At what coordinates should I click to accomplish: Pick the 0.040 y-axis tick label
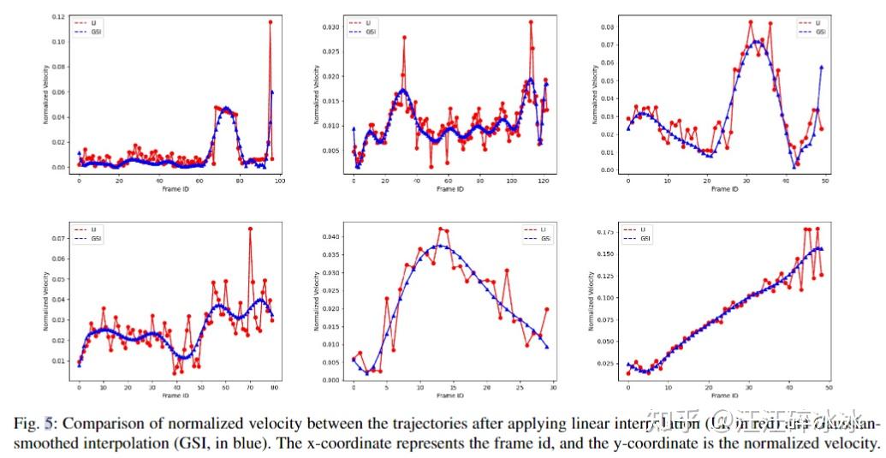tap(333, 236)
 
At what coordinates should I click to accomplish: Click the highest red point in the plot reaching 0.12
tap(271, 22)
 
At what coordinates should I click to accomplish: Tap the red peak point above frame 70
tap(250, 229)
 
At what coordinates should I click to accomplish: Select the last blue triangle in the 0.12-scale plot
tap(272, 92)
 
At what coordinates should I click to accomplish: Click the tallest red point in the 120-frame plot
tap(531, 22)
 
